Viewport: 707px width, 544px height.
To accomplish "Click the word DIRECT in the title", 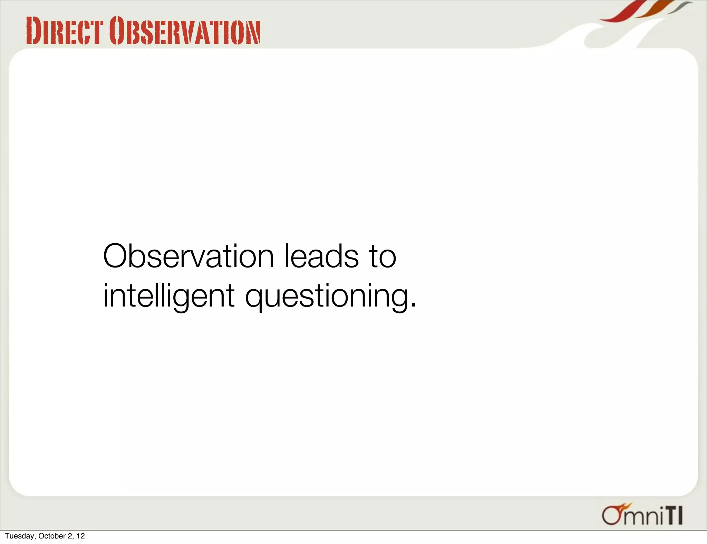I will tap(65, 31).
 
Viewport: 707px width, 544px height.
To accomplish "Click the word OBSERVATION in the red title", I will tap(185, 31).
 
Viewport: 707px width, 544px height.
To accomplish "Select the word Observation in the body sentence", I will tap(188, 256).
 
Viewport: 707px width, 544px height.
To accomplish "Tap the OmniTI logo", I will tap(642, 515).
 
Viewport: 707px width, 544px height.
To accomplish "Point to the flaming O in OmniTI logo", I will tap(613, 515).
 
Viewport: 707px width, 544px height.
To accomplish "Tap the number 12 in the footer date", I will tap(80, 536).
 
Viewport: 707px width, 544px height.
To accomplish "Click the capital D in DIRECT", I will tap(34, 31).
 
